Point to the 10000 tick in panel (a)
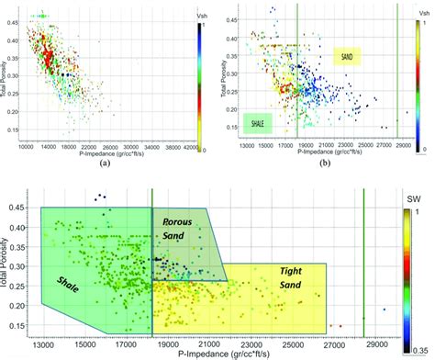(x=27, y=146)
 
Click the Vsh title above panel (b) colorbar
(x=419, y=14)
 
